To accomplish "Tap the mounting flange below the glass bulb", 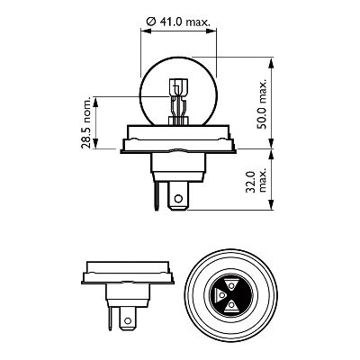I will tap(180, 139).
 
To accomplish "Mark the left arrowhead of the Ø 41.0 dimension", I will tap(144, 29).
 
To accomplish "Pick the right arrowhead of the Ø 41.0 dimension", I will tap(216, 29).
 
